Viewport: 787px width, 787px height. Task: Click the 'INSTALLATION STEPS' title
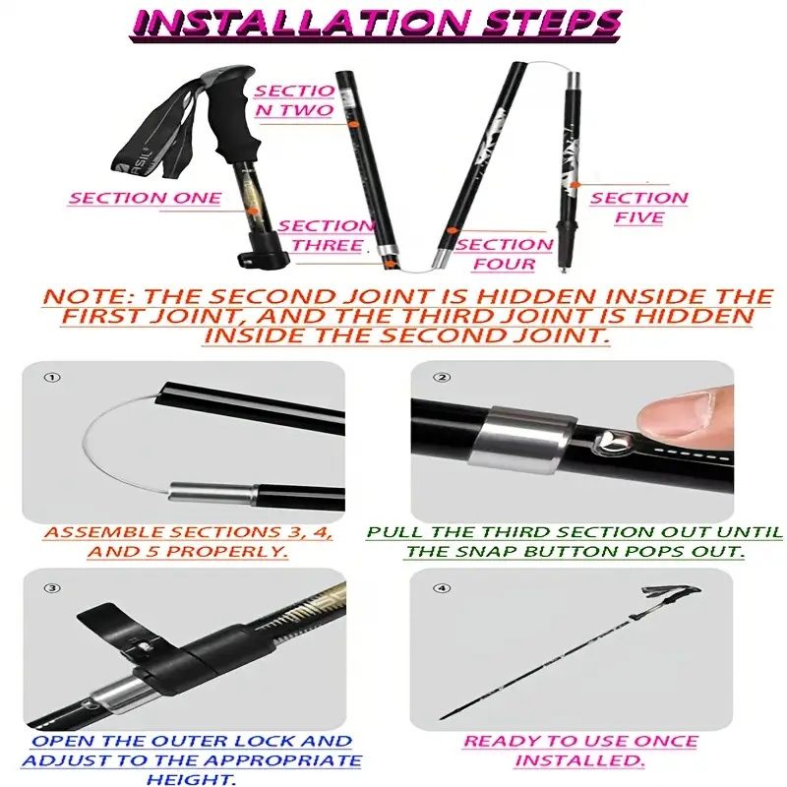pyautogui.click(x=378, y=23)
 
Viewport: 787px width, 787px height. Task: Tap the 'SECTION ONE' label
pyautogui.click(x=145, y=199)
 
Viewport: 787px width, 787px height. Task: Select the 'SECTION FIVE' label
pyautogui.click(x=638, y=208)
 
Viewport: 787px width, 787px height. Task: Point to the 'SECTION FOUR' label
pyautogui.click(x=504, y=255)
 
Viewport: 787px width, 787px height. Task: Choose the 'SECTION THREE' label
pyautogui.click(x=327, y=236)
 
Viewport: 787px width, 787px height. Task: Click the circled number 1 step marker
pyautogui.click(x=52, y=377)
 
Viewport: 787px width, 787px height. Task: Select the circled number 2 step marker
pyautogui.click(x=442, y=377)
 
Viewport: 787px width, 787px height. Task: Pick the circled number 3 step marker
pyautogui.click(x=52, y=587)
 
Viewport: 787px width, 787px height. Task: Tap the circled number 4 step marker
pyautogui.click(x=442, y=587)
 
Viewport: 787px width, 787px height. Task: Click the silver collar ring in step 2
pyautogui.click(x=522, y=440)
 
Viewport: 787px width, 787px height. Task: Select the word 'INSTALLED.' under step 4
pyautogui.click(x=580, y=760)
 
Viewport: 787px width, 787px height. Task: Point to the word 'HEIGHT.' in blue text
pyautogui.click(x=191, y=779)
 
